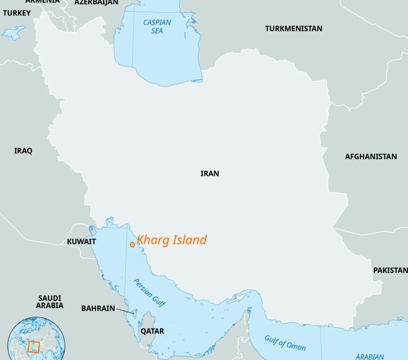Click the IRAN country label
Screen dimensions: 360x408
click(x=210, y=173)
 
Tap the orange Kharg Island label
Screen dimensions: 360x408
click(x=172, y=240)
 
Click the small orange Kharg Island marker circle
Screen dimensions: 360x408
click(x=132, y=244)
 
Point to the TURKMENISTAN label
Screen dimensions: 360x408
click(x=293, y=28)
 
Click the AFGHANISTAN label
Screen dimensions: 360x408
click(x=371, y=157)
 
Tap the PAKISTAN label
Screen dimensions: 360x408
click(x=390, y=270)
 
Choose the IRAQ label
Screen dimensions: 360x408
click(x=23, y=151)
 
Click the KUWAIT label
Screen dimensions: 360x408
click(x=81, y=242)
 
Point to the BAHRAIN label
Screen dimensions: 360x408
click(x=98, y=308)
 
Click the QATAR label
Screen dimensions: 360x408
click(x=152, y=331)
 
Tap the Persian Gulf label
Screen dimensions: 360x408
click(x=149, y=293)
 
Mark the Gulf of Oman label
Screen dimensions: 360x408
click(x=285, y=343)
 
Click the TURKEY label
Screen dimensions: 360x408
click(x=17, y=13)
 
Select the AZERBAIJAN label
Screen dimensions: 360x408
click(x=96, y=2)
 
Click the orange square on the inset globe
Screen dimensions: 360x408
click(x=34, y=347)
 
